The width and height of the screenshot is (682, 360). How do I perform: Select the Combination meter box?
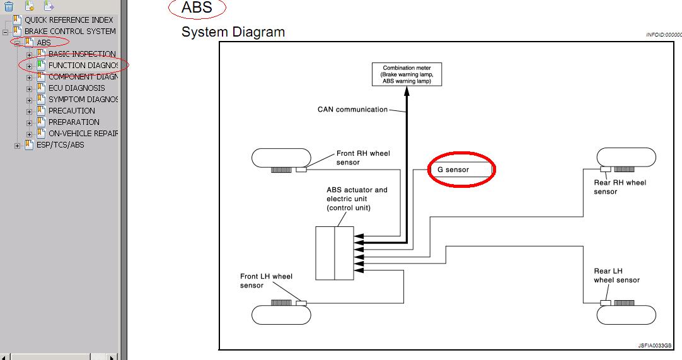click(407, 74)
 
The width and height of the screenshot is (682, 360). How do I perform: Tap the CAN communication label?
click(352, 110)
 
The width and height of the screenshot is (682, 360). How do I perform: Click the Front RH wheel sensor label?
click(363, 158)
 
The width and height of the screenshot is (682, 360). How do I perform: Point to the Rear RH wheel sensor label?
click(620, 187)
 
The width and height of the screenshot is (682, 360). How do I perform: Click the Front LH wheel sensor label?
click(266, 281)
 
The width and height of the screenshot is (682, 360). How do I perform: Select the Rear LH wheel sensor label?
click(616, 276)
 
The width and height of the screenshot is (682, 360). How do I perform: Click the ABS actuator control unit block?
click(334, 253)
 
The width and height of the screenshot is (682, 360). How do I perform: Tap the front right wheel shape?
click(281, 158)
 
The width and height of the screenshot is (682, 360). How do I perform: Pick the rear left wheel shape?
click(626, 313)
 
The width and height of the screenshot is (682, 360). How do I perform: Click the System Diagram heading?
click(233, 32)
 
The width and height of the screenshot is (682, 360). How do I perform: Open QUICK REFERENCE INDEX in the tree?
click(69, 20)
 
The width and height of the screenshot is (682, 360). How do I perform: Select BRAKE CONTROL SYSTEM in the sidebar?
click(70, 32)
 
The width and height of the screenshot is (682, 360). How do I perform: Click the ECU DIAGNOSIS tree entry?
click(76, 88)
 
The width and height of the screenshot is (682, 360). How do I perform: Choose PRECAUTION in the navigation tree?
click(71, 111)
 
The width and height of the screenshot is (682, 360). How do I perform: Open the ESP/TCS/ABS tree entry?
click(60, 145)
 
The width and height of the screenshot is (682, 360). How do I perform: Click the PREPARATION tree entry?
click(74, 122)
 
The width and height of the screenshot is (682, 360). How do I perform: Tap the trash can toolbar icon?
click(9, 6)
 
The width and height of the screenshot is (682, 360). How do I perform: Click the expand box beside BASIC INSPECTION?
click(29, 55)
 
